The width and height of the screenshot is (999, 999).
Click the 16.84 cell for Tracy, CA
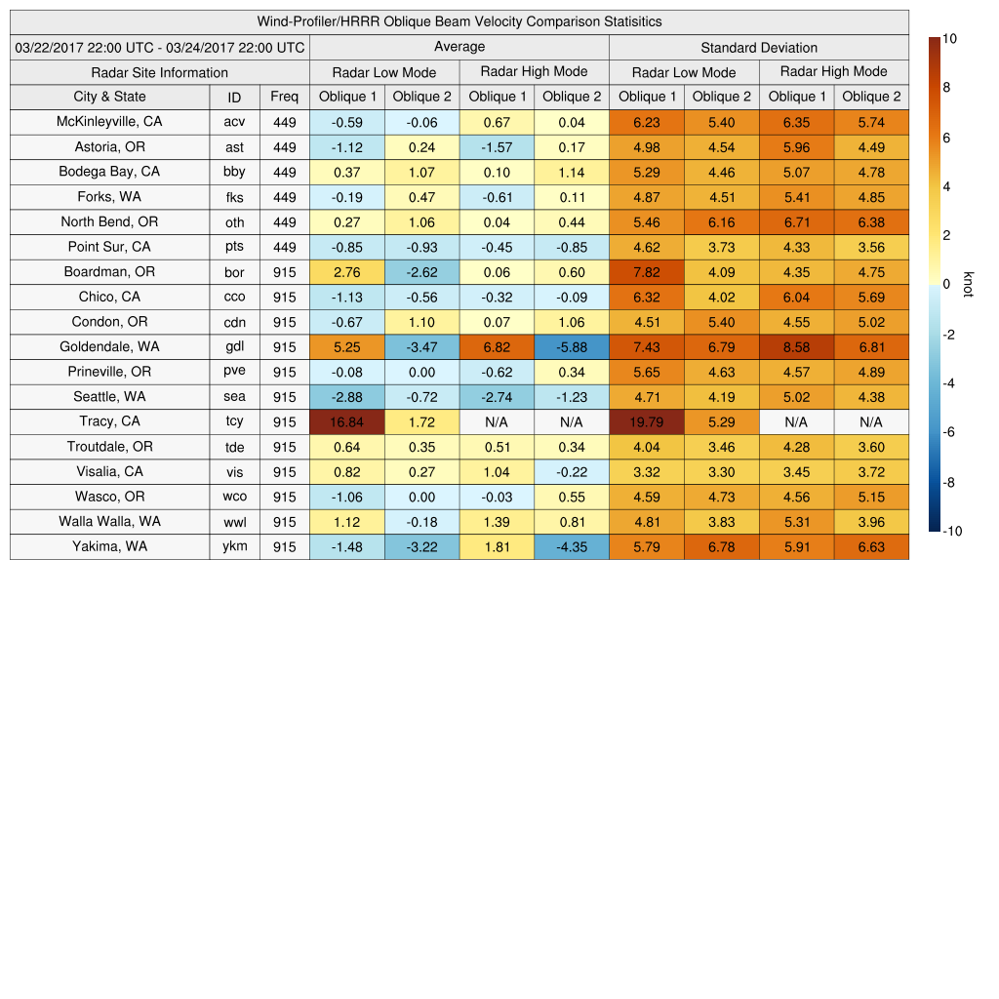pyautogui.click(x=346, y=421)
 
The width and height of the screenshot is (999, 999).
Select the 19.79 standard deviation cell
pyautogui.click(x=646, y=421)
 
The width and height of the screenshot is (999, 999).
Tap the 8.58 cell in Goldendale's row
pyautogui.click(x=796, y=347)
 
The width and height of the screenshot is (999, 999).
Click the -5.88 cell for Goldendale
pyautogui.click(x=572, y=347)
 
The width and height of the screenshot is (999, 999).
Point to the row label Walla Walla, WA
pyautogui.click(x=109, y=522)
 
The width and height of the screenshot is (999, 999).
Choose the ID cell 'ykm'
pyautogui.click(x=234, y=546)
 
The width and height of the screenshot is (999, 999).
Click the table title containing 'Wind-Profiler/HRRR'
pyautogui.click(x=459, y=21)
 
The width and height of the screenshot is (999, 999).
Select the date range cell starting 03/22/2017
pyautogui.click(x=159, y=47)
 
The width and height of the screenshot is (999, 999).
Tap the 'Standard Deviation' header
pyautogui.click(x=758, y=47)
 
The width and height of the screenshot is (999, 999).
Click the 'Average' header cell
pyautogui.click(x=459, y=47)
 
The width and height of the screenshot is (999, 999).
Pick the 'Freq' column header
pyautogui.click(x=284, y=97)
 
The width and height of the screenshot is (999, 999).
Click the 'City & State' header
pyautogui.click(x=109, y=97)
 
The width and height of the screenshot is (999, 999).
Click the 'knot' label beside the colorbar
pyautogui.click(x=968, y=284)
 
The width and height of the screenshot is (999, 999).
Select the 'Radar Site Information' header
pyautogui.click(x=159, y=72)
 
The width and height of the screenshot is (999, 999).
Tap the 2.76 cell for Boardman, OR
pyautogui.click(x=346, y=272)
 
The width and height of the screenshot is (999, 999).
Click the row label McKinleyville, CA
pyautogui.click(x=109, y=122)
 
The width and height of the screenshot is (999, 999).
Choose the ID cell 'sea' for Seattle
pyautogui.click(x=234, y=397)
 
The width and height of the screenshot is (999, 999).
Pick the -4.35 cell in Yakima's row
pyautogui.click(x=572, y=546)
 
